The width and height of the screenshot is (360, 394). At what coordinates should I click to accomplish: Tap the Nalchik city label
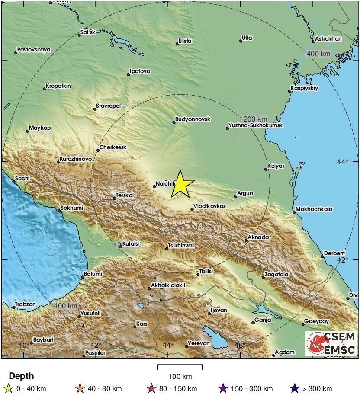point(165,183)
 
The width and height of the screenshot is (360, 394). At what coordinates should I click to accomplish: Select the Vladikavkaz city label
point(209,206)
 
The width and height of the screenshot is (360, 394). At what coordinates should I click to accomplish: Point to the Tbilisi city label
point(206,272)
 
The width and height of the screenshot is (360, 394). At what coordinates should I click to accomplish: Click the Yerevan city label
point(199,343)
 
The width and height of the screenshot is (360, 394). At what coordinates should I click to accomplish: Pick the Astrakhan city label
point(328,38)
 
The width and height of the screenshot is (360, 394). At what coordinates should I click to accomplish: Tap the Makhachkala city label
point(314,209)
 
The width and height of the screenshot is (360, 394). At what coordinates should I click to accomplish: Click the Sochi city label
point(22,178)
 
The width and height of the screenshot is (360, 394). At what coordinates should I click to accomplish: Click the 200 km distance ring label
point(255,119)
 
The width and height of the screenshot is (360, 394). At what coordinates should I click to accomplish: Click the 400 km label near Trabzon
point(65,306)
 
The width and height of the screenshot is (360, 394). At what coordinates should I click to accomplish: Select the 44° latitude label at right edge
point(342,161)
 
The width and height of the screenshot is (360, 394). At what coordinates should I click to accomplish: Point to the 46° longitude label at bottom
point(240,345)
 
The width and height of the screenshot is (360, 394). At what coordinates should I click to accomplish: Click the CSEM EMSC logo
point(331,343)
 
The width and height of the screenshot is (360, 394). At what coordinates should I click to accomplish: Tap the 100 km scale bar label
point(180,376)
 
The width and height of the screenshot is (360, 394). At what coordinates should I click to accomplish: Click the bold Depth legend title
point(21,376)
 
